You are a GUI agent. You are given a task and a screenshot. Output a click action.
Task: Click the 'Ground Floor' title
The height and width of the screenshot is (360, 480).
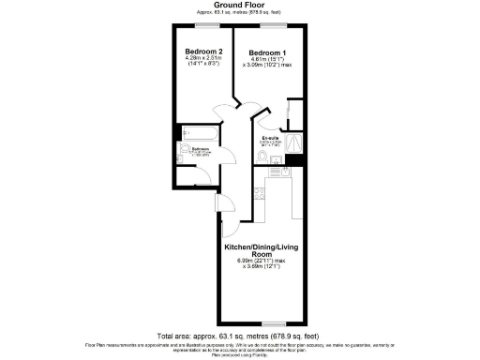click(x=239, y=6)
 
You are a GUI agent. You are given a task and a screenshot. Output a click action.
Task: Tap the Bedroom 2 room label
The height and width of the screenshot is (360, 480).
click(x=202, y=51)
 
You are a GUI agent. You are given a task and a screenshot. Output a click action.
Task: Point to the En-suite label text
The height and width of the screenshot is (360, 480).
click(x=271, y=139)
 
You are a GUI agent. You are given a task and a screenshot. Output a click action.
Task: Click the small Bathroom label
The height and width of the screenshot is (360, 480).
click(x=201, y=148)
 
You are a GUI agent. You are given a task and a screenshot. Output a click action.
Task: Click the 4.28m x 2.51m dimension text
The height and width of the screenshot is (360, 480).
click(x=202, y=59)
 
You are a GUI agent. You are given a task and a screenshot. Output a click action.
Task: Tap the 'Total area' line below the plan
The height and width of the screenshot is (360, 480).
click(x=239, y=335)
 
